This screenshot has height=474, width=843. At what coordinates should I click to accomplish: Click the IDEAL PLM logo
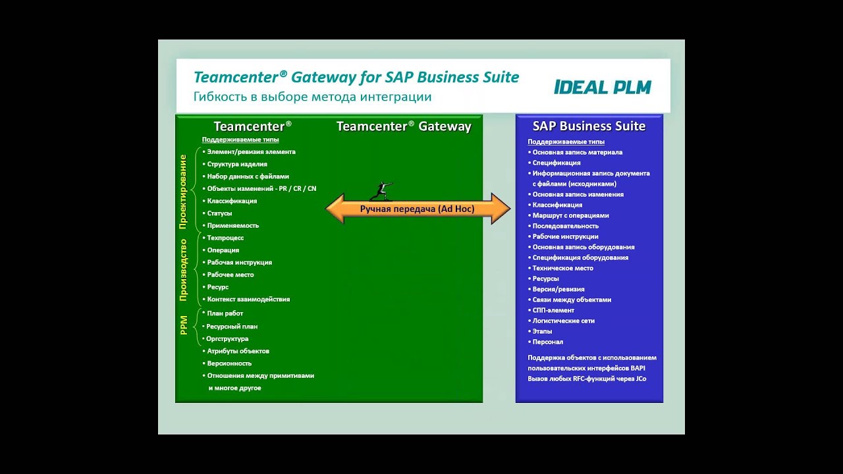click(x=602, y=87)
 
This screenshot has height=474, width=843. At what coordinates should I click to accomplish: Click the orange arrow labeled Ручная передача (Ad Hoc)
click(x=418, y=209)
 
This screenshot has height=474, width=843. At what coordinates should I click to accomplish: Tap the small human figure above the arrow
click(x=381, y=191)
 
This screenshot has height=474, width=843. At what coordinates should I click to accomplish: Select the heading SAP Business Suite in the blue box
click(x=589, y=126)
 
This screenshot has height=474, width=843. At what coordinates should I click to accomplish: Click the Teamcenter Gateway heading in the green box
click(x=404, y=126)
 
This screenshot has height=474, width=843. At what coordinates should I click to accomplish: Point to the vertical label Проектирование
click(x=183, y=192)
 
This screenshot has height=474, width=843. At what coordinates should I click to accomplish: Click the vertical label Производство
click(x=183, y=270)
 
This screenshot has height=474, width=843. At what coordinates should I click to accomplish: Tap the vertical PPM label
click(x=184, y=325)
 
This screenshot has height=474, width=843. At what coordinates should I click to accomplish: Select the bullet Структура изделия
click(x=236, y=164)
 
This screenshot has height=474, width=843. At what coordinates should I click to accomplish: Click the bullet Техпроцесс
click(x=225, y=238)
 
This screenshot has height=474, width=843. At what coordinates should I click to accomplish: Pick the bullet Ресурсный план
click(x=232, y=327)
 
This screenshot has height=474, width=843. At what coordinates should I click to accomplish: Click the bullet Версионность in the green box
click(x=229, y=363)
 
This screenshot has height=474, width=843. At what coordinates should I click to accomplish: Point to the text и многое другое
click(x=234, y=388)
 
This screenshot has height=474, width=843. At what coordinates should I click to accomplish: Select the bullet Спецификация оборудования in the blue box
click(x=580, y=257)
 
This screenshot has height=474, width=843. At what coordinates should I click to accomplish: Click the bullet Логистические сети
click(x=563, y=321)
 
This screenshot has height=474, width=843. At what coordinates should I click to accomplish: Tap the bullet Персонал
click(x=547, y=342)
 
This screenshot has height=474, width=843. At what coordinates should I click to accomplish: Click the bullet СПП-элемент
click(x=553, y=310)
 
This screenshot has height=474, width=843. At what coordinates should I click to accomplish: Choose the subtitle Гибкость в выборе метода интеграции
click(x=312, y=97)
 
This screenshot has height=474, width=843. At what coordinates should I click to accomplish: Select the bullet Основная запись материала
click(x=577, y=152)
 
